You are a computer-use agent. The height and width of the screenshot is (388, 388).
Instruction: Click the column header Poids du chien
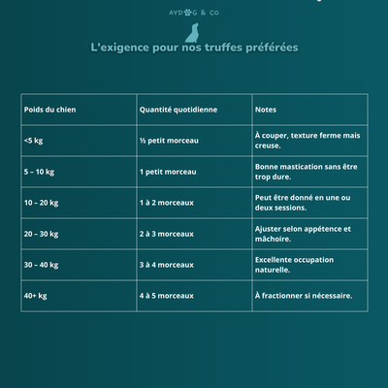pos(50,110)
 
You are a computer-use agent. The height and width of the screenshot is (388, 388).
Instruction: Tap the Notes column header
pos(266,110)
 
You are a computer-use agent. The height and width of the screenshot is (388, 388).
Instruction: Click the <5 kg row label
pos(33,141)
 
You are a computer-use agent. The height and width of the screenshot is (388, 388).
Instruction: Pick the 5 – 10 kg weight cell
pos(41,172)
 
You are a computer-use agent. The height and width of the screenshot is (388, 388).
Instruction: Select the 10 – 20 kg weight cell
pos(42,203)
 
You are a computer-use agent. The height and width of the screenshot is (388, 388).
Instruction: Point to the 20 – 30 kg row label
pos(42,234)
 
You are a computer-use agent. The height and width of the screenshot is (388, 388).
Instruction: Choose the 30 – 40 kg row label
pos(42,265)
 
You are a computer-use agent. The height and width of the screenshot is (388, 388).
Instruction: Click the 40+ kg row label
pos(36,296)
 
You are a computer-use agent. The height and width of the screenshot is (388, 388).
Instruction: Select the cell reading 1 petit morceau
pos(168,172)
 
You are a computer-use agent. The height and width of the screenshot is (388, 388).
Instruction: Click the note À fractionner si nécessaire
pos(304,296)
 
